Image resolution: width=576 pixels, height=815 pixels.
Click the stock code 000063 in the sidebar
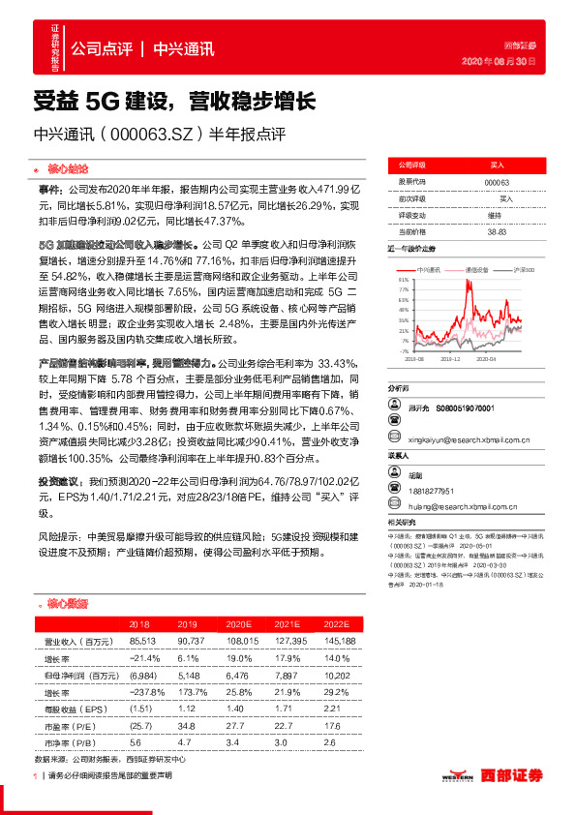pos(497,182)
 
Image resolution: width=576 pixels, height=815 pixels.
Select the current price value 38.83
pos(497,232)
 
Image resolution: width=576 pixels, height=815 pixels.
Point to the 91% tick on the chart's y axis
pos(403,280)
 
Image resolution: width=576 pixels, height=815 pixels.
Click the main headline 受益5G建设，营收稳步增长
pos(174,100)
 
